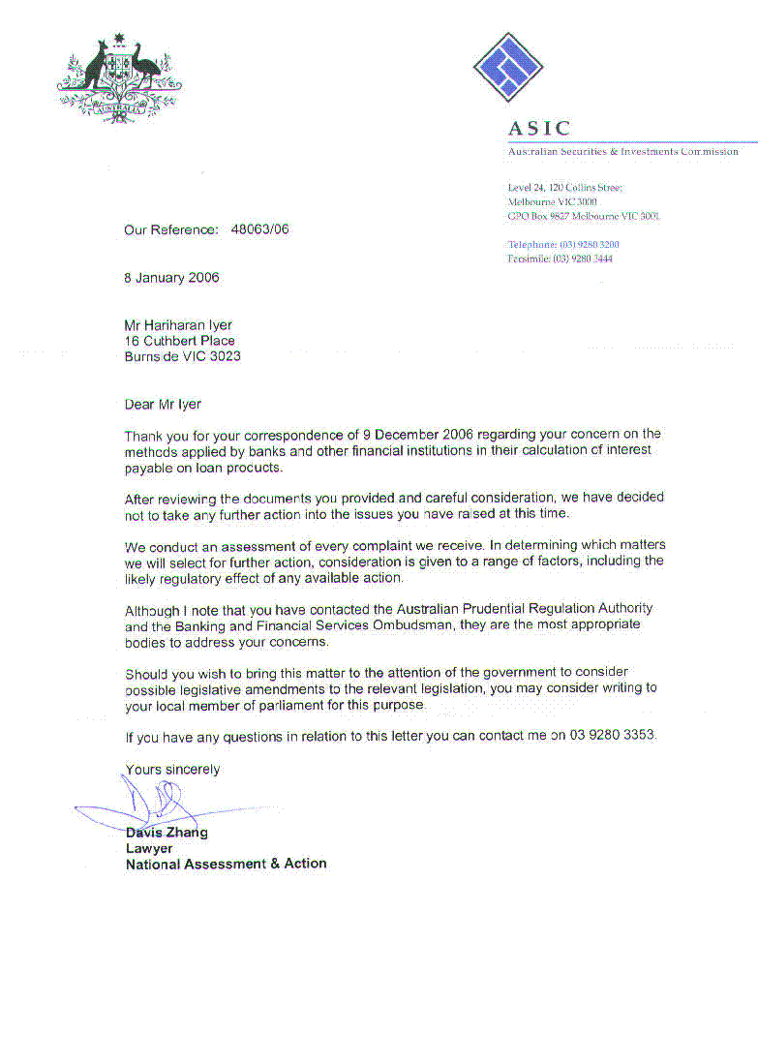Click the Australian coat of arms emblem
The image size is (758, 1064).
120,77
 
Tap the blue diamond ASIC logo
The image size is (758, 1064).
507,67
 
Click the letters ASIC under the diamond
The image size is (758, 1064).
539,129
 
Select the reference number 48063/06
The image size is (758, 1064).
259,230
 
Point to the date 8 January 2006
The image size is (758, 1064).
171,278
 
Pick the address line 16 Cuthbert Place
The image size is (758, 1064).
179,341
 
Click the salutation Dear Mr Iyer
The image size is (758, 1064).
163,404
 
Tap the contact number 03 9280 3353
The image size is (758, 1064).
613,736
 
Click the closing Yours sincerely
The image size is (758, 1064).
172,770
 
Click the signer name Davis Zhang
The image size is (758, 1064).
167,833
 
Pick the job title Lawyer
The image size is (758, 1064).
149,848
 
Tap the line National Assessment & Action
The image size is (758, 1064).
226,864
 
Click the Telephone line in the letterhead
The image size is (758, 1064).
563,245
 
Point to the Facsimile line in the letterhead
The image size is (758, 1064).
560,259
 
